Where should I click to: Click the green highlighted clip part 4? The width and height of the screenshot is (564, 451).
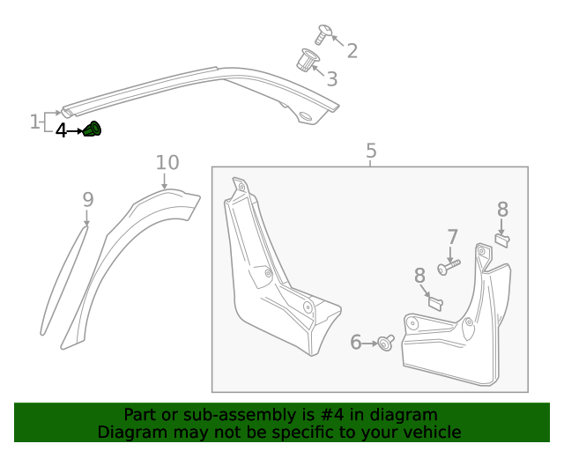tap(93, 130)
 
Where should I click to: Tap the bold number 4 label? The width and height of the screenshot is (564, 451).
tap(61, 131)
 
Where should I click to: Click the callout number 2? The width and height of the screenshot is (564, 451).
tap(352, 51)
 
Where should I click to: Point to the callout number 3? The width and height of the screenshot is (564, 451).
tap(331, 79)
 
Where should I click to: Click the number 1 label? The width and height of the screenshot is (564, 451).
tap(35, 122)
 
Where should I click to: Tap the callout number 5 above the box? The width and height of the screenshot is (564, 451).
tap(370, 151)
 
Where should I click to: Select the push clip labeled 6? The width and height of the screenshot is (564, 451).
tap(386, 343)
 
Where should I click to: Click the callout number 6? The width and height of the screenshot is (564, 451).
tap(356, 342)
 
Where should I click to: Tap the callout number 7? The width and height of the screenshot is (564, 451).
tap(452, 237)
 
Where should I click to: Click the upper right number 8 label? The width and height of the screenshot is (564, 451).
tap(502, 210)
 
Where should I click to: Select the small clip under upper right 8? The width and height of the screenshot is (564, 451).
tap(502, 239)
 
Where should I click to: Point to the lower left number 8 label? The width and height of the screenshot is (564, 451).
tap(419, 277)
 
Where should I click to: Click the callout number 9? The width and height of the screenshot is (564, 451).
tap(87, 200)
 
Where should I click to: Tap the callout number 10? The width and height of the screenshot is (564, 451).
tap(167, 163)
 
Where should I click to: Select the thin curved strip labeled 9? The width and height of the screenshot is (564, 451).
tap(63, 282)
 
